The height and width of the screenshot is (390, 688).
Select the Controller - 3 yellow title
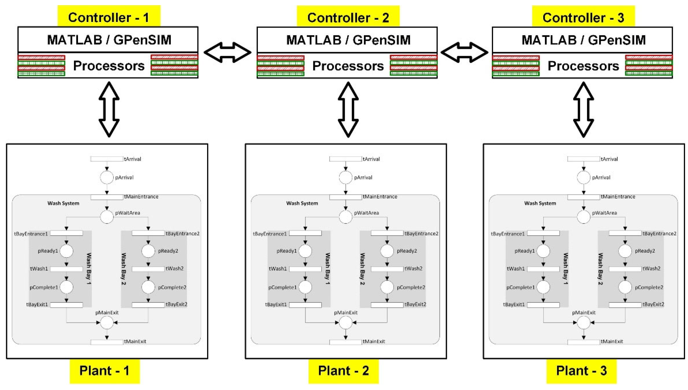tap(583, 17)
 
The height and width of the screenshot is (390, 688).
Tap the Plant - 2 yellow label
tap(343, 371)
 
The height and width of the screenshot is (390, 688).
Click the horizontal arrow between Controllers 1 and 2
tap(227, 52)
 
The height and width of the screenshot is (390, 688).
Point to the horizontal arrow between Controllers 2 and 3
tap(464, 52)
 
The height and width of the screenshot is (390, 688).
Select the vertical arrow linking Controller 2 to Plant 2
tap(348, 109)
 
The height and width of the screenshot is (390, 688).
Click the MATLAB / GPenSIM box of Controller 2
tap(347, 40)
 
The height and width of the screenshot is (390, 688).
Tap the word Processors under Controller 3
tap(583, 66)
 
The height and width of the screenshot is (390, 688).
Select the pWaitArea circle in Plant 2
tap(345, 217)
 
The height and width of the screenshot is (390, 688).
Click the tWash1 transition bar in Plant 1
tap(66, 269)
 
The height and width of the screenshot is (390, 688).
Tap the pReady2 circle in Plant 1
tap(148, 251)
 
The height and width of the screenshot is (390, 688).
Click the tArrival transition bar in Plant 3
tap(583, 159)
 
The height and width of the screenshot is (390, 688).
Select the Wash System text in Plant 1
tap(63, 203)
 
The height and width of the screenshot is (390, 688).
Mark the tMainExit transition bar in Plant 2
tap(345, 342)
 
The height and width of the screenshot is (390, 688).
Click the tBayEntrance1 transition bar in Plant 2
tap(305, 233)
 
